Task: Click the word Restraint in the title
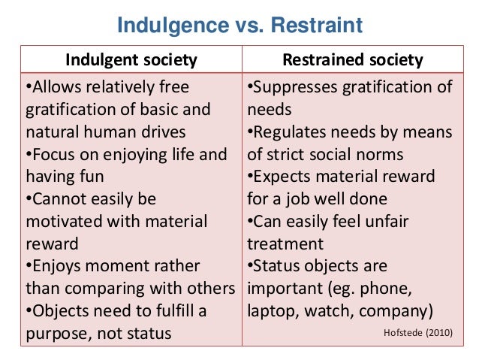[315, 27]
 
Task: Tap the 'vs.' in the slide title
[248, 27]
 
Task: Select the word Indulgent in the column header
[100, 60]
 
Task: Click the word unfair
[423, 222]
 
